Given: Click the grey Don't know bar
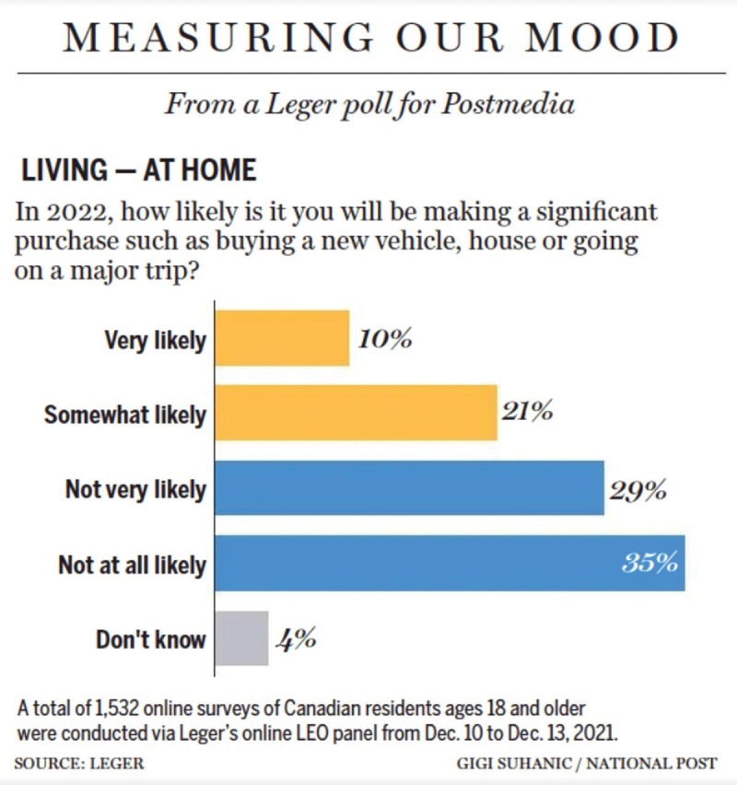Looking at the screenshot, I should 241,638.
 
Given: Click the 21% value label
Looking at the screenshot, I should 528,412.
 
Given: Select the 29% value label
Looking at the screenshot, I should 638,489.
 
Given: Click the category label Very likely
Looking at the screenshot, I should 155,341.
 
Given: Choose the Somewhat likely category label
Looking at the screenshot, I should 125,416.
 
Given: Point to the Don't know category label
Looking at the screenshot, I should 151,639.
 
